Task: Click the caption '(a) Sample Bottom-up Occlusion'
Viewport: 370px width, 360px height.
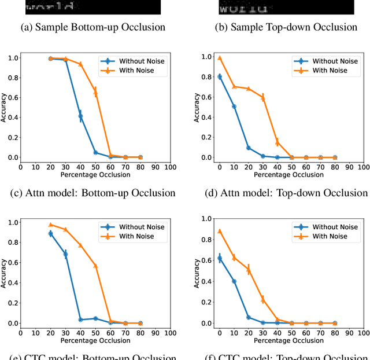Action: [93, 27]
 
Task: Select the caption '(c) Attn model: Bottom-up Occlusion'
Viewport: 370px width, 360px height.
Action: [93, 193]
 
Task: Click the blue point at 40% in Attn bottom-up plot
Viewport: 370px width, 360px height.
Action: [80, 116]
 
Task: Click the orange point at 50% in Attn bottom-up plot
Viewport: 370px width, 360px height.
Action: [95, 92]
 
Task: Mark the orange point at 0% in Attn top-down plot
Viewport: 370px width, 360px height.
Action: [219, 58]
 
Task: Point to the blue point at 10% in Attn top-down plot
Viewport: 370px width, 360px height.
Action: [234, 106]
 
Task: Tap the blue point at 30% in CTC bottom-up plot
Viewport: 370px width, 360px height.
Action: [65, 254]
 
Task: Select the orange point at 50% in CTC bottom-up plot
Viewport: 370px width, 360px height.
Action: [95, 266]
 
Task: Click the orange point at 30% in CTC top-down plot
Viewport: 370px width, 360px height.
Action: [263, 300]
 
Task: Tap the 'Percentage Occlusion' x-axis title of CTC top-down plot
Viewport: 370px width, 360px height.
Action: [277, 340]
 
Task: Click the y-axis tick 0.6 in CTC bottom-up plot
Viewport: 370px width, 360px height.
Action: [12, 262]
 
